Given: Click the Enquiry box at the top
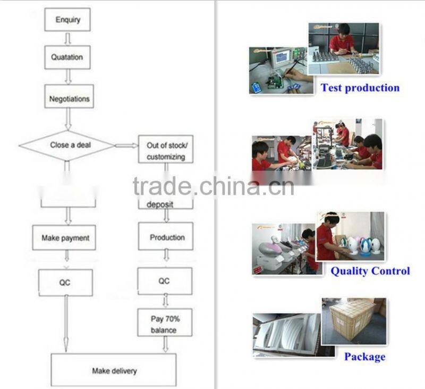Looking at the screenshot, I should pyautogui.click(x=67, y=20).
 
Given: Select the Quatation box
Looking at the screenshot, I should pyautogui.click(x=67, y=57).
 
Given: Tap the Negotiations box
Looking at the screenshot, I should pyautogui.click(x=69, y=99).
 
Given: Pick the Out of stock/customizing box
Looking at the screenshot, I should pyautogui.click(x=166, y=151).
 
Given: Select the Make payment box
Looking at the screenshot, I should pyautogui.click(x=65, y=238).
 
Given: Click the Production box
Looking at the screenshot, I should pyautogui.click(x=166, y=237).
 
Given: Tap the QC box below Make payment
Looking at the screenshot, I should pyautogui.click(x=65, y=283).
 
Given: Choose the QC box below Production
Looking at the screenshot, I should pyautogui.click(x=164, y=281).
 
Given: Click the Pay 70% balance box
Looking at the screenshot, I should pyautogui.click(x=165, y=323).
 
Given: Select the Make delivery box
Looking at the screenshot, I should pyautogui.click(x=113, y=370).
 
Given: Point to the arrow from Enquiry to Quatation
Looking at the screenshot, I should pyautogui.click(x=67, y=38).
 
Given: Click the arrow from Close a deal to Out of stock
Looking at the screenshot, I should pyautogui.click(x=126, y=145).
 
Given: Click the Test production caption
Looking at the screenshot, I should pyautogui.click(x=360, y=88).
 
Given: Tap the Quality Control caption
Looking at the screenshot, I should pyautogui.click(x=370, y=271).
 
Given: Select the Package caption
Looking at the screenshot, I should pyautogui.click(x=364, y=357).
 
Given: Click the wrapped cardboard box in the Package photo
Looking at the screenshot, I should pyautogui.click(x=352, y=319).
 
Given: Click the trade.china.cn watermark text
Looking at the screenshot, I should pyautogui.click(x=213, y=186).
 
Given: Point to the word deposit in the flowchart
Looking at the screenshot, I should pyautogui.click(x=160, y=204).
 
